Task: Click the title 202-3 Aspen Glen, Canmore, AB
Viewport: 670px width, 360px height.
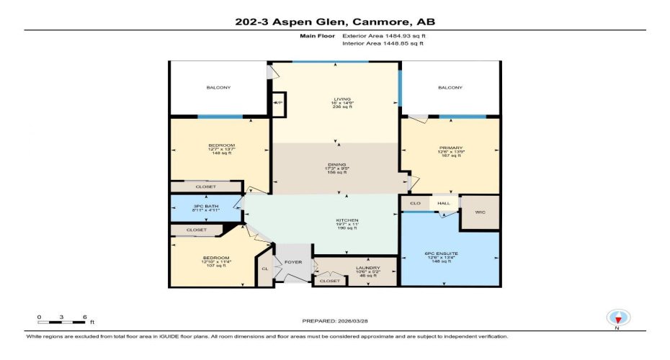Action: [335, 22]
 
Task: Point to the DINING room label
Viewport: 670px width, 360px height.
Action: [336, 165]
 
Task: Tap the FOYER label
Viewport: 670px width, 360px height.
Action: [292, 263]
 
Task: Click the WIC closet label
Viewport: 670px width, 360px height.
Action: [479, 212]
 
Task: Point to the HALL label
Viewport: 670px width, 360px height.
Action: [444, 204]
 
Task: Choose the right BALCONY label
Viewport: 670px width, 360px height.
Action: [450, 88]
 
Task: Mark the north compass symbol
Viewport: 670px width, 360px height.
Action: [617, 318]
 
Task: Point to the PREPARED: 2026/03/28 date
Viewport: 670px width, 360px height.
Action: [335, 320]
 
